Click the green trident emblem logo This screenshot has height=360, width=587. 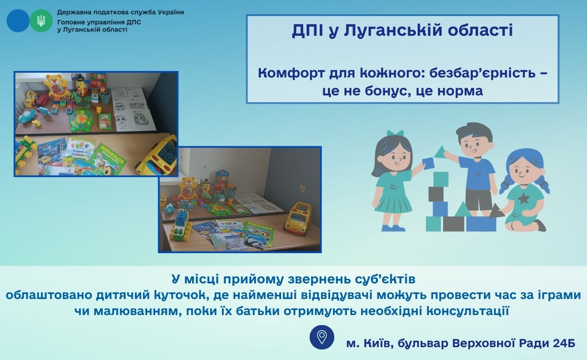click(x=41, y=21)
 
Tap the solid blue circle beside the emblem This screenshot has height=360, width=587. click(x=18, y=21)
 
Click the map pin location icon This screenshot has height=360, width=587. click(x=322, y=337)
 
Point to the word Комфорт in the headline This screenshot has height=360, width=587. click(x=291, y=73)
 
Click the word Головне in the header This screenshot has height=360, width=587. click(x=69, y=22)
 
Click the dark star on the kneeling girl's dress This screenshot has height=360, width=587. click(x=523, y=199)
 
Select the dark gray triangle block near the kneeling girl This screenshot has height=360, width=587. click(x=496, y=211)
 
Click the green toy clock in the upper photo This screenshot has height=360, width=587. click(x=82, y=120)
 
